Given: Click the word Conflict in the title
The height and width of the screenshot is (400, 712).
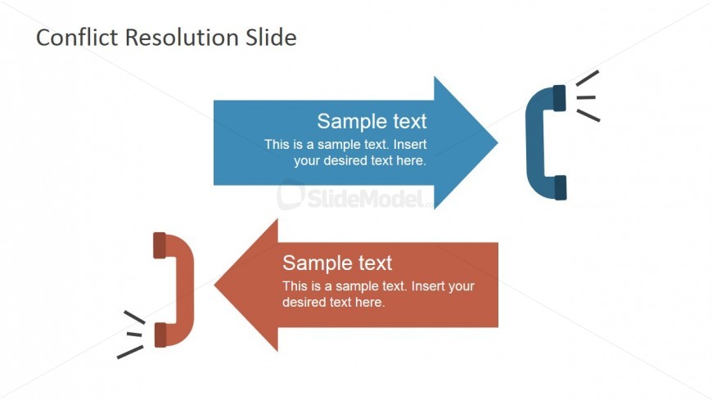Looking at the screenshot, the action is tap(77, 37).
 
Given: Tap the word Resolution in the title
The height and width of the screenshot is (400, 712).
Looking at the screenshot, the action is tap(182, 37).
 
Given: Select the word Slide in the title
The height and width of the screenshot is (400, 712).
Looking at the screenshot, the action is tap(271, 37).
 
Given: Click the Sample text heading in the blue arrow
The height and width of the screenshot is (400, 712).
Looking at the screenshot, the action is tap(372, 121).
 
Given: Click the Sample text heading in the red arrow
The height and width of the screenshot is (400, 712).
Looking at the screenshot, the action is tap(337, 263).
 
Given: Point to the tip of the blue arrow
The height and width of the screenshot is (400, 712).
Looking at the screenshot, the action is tap(498, 142).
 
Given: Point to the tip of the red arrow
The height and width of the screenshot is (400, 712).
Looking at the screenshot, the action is tap(214, 285).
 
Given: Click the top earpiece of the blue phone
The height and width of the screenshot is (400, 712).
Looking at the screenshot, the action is tap(560, 97).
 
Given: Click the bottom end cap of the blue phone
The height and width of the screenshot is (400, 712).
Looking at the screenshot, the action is tap(561, 187).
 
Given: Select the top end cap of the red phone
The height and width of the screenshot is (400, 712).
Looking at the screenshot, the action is tap(160, 245).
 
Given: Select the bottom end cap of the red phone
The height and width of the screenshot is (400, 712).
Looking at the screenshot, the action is tap(160, 335).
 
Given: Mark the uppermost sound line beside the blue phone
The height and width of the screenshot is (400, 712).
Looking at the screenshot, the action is tap(587, 78).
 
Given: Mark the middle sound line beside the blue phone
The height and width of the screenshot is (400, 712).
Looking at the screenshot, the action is tap(586, 97).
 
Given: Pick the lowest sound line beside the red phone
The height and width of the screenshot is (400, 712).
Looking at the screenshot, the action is tap(130, 352).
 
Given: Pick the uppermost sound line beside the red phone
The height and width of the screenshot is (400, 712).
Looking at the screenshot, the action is tap(134, 317).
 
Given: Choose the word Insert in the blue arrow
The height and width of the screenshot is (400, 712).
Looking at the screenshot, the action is tap(410, 145).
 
